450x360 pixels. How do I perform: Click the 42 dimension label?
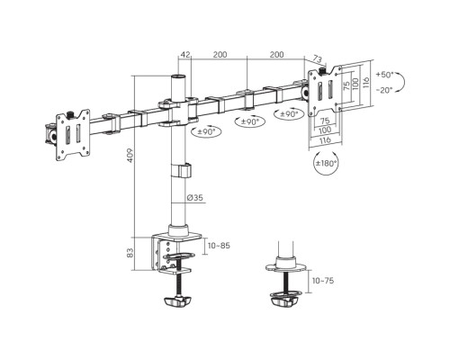185,55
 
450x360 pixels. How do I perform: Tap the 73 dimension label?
317,58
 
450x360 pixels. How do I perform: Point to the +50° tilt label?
384,75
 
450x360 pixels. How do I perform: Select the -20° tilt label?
384,90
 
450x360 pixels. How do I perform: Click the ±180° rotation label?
326,163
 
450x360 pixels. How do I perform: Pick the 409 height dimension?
130,156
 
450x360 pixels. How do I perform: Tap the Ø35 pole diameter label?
194,197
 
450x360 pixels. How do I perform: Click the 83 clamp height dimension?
130,253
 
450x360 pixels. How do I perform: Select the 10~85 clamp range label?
219,246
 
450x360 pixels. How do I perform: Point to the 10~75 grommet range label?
323,281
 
